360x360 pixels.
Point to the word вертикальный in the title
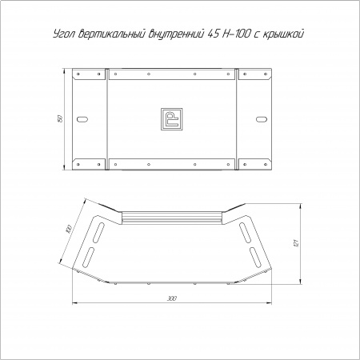(112, 34)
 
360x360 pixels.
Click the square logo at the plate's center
(172, 119)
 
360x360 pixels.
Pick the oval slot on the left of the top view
(82, 119)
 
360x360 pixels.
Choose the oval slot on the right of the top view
(262, 119)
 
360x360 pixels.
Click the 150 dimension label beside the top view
(61, 118)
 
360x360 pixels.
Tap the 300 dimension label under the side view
(172, 298)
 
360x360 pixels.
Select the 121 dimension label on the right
(295, 242)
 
